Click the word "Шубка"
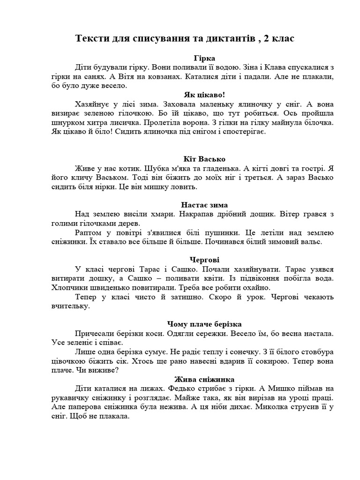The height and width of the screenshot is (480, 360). (x=157, y=168)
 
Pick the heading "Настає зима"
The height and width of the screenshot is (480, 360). (x=204, y=205)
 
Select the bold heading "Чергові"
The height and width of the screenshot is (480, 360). (x=204, y=259)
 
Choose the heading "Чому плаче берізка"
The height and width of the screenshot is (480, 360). (x=204, y=324)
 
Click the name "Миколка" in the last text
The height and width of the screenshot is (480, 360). (x=272, y=407)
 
